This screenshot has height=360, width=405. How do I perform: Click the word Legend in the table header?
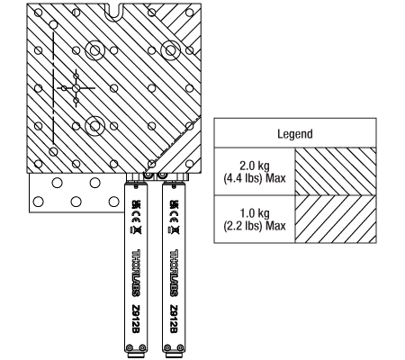click(295, 134)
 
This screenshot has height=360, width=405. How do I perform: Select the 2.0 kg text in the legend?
click(255, 166)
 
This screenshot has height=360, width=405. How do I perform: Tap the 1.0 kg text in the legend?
click(255, 213)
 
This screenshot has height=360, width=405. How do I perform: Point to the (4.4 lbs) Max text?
click(255, 178)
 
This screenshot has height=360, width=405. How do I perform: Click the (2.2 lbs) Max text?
click(255, 226)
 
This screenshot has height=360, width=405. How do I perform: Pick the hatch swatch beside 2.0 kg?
click(336, 172)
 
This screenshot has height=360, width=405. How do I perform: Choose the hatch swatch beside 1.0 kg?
click(336, 219)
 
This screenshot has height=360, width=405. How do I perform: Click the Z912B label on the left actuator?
click(136, 319)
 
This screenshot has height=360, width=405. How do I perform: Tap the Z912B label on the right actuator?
click(174, 319)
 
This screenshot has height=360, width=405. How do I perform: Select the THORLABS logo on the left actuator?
click(136, 273)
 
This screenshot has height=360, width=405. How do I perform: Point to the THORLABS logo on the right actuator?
click(174, 273)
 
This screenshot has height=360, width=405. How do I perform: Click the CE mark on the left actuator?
click(136, 217)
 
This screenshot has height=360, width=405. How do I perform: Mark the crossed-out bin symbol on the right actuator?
click(174, 230)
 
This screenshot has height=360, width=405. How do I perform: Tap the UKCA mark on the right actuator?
click(174, 204)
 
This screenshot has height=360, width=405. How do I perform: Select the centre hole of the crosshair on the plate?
click(76, 88)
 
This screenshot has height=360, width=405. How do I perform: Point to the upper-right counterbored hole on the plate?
click(170, 50)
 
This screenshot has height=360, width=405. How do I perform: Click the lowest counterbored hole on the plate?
click(94, 126)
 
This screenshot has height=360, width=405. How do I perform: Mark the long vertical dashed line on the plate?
click(53, 88)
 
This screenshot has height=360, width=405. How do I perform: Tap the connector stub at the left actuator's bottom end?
click(135, 355)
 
